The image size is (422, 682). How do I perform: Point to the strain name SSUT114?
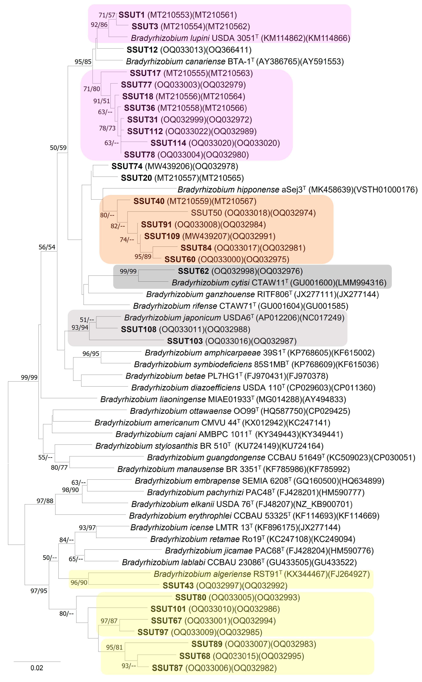(168, 143)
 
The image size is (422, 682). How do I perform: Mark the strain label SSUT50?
(206, 213)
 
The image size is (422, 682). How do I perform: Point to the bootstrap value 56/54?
(47, 247)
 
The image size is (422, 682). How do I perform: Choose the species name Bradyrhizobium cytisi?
(210, 283)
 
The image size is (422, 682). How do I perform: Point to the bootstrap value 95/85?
(83, 62)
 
